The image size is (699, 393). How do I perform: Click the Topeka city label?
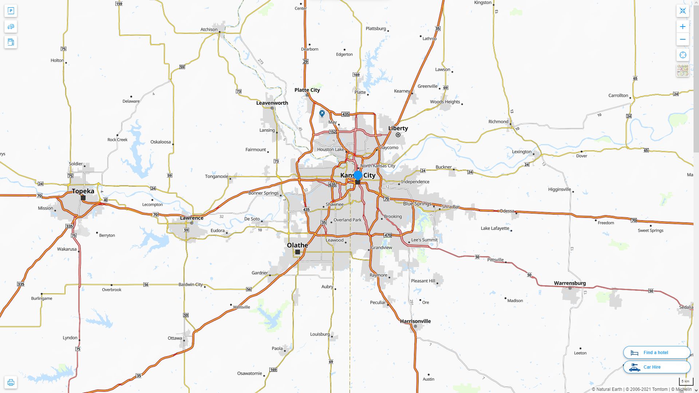83,191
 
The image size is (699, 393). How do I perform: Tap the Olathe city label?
297,245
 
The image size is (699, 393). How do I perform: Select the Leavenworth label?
272,103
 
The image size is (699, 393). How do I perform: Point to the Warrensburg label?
570,283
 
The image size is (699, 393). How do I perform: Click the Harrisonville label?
415,321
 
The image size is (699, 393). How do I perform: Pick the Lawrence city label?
191,218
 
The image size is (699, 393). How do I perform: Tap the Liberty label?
398,128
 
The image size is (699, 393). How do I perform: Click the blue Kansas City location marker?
358,176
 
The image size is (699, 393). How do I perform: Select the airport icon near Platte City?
322,114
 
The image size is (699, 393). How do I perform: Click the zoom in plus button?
683,27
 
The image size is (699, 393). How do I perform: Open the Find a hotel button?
656,353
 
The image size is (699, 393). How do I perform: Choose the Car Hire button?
656,367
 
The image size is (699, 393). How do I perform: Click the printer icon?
11,382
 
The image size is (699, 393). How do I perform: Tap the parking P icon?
11,11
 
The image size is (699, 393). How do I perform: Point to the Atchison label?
209,29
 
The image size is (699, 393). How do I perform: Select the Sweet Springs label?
650,230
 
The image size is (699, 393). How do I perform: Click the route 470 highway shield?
388,235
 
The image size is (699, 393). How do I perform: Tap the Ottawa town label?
175,338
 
